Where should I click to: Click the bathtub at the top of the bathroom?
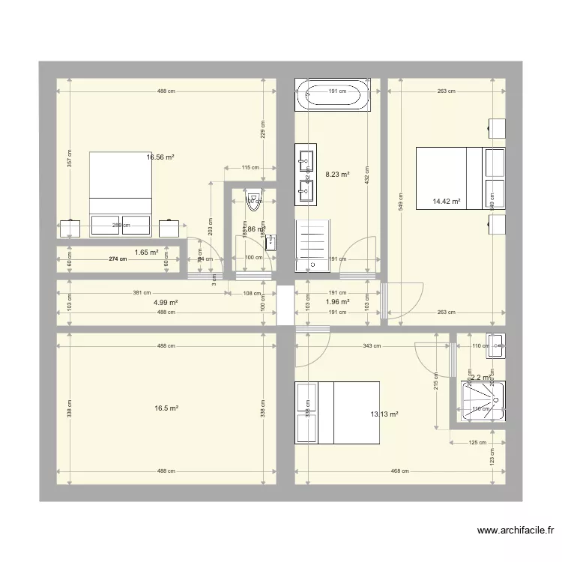(333, 95)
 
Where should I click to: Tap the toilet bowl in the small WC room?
(254, 199)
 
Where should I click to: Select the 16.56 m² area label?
(160, 157)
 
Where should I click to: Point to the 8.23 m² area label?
(337, 175)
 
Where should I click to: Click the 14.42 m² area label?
(447, 201)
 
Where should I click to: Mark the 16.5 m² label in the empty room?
(166, 408)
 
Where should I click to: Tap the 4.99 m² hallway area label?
(166, 303)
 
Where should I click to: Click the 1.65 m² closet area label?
(146, 253)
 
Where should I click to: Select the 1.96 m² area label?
(337, 303)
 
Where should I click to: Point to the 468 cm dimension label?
(399, 471)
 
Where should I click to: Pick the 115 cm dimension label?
(250, 168)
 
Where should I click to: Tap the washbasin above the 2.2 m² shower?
(495, 346)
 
